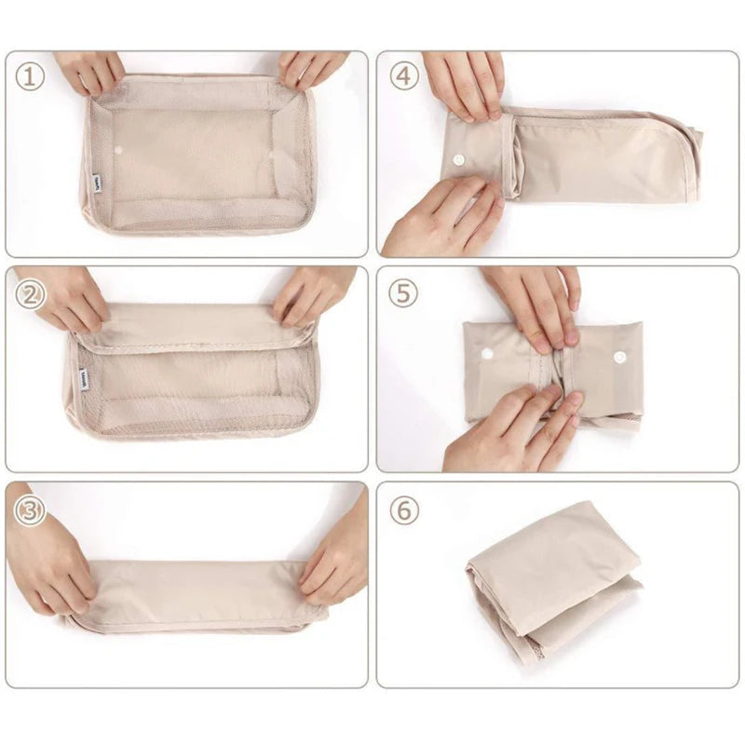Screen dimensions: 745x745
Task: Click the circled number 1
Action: tap(30, 77)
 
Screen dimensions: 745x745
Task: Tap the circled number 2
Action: tap(30, 295)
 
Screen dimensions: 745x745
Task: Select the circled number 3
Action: tap(30, 510)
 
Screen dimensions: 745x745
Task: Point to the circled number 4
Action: tap(404, 76)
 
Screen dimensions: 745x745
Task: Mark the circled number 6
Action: tap(404, 510)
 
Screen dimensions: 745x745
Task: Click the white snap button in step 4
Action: tap(458, 159)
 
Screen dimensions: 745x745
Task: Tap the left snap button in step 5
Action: tap(487, 354)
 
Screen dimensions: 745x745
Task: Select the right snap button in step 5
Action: tap(618, 357)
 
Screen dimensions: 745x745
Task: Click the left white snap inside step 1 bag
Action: tap(118, 150)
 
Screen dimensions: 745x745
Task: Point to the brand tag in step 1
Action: tap(97, 180)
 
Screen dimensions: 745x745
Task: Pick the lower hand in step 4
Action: tap(441, 216)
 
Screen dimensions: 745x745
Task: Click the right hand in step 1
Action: tap(311, 70)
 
